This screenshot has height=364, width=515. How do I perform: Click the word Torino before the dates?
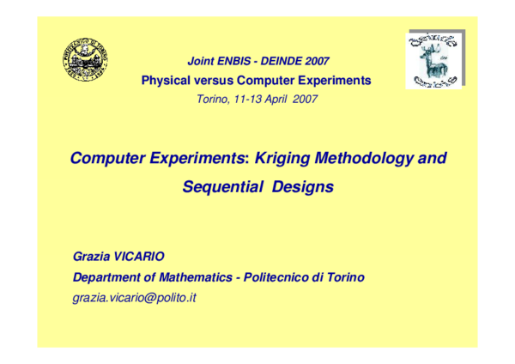pyautogui.click(x=214, y=99)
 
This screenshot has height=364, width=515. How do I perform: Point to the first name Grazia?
pyautogui.click(x=93, y=258)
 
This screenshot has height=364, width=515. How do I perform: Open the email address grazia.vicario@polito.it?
pyautogui.click(x=135, y=297)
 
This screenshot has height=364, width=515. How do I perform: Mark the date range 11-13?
pyautogui.click(x=245, y=99)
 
